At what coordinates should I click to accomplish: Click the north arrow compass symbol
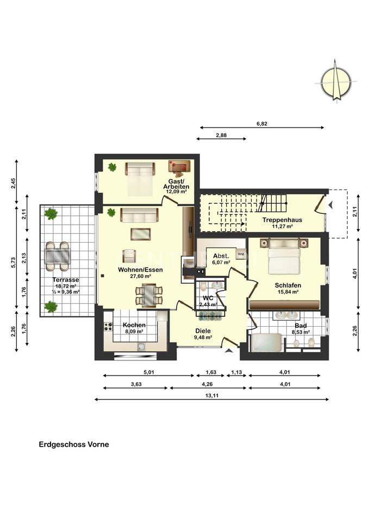[336, 81]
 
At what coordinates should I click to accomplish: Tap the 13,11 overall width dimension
[211, 396]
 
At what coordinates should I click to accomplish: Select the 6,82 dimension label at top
[262, 124]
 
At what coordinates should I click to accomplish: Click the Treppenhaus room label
[282, 220]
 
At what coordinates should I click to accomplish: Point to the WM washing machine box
[241, 254]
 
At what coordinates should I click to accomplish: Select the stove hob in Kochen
[108, 326]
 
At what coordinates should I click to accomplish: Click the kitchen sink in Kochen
[142, 347]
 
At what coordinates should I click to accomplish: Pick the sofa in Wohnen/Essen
[140, 215]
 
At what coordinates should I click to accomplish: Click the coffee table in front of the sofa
[141, 234]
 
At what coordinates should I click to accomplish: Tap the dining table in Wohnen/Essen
[149, 295]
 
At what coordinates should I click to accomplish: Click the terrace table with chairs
[58, 256]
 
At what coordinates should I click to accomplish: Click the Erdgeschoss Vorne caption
[74, 444]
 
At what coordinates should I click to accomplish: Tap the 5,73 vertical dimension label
[13, 262]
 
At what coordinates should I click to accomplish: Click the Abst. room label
[221, 256]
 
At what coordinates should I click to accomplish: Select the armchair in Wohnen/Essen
[129, 256]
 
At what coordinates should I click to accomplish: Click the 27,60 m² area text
[140, 276]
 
